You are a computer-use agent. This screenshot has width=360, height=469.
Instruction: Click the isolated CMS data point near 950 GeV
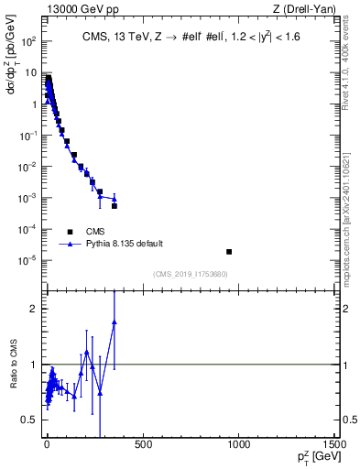coord(229,251)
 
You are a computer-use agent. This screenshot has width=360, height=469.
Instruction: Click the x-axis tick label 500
coord(142,444)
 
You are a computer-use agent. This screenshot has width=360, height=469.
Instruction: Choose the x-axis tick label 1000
coord(239,444)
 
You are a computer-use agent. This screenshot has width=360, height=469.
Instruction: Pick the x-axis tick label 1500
coord(335,444)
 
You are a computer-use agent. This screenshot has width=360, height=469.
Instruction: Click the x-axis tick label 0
coord(46,444)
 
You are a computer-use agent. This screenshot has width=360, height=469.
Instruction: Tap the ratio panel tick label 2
coord(37,309)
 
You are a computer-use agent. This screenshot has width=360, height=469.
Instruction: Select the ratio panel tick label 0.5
coord(33,420)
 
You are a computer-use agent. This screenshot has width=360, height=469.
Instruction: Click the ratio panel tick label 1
coord(37,365)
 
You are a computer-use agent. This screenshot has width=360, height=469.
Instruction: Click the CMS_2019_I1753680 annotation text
coord(191,274)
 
